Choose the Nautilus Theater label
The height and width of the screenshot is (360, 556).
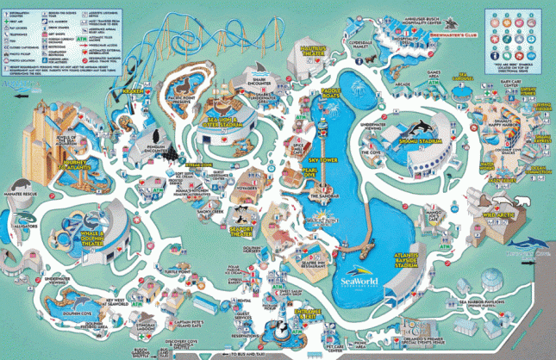coord(317,54)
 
